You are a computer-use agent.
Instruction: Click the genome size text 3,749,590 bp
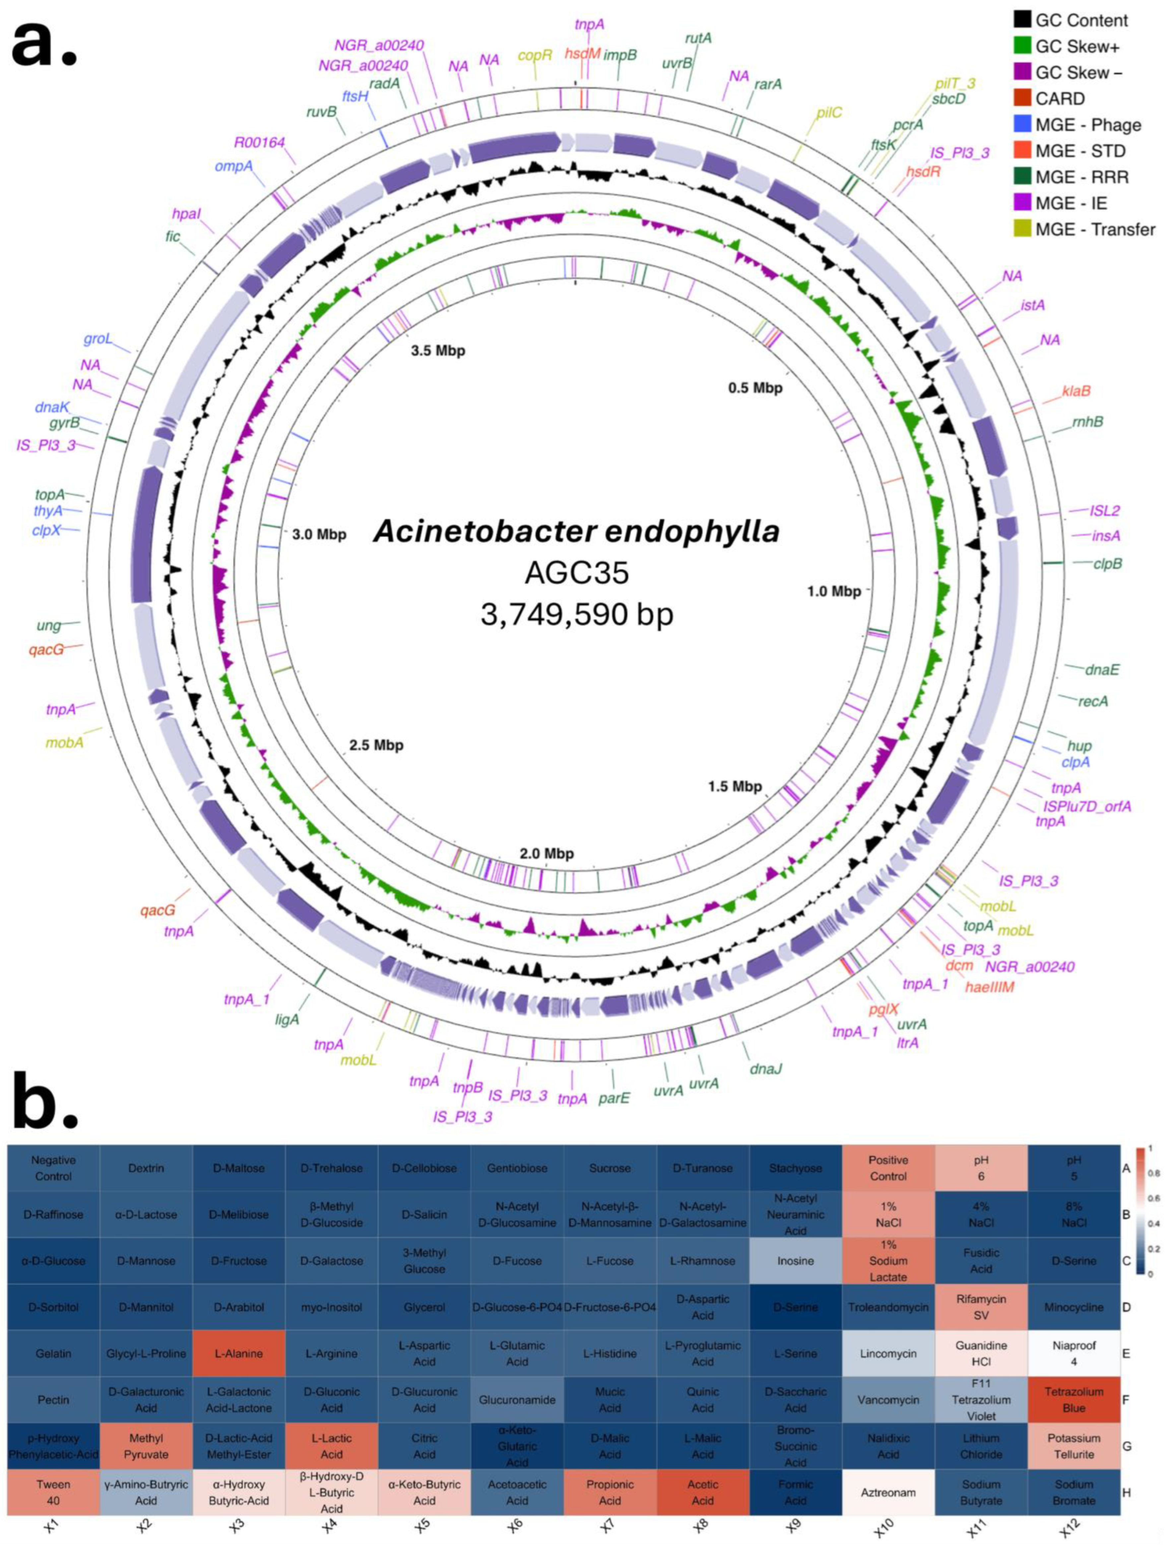click(x=577, y=614)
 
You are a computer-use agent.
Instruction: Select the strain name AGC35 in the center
click(x=577, y=573)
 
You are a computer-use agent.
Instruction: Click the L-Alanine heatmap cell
click(x=239, y=1354)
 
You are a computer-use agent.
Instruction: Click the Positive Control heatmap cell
click(x=888, y=1168)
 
